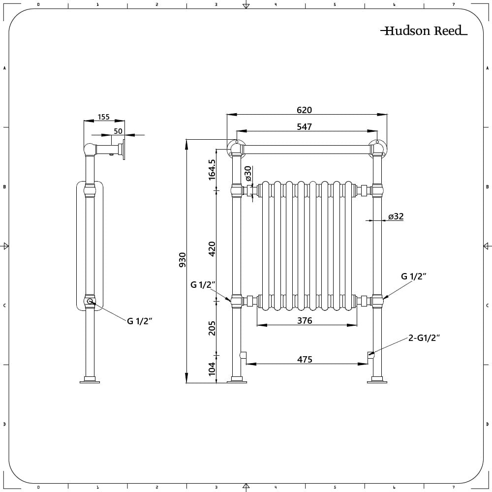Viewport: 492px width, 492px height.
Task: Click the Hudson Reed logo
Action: tap(423, 31)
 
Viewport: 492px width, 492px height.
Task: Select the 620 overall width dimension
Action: tap(305, 110)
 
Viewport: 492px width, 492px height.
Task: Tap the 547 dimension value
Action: tap(305, 127)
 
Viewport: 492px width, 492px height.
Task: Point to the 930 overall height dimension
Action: tap(182, 259)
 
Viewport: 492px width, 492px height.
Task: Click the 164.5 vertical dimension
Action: tap(212, 169)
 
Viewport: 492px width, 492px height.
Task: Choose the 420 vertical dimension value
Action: tap(212, 248)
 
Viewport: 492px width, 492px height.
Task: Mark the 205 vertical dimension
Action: tap(212, 328)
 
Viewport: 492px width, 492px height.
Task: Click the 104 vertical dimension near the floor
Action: tap(212, 369)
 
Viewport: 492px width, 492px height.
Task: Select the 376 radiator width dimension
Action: tap(305, 320)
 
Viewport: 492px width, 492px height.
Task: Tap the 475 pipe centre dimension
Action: tap(305, 360)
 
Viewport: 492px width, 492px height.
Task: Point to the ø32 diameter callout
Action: tap(396, 216)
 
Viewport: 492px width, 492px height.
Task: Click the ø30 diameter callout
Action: tap(248, 174)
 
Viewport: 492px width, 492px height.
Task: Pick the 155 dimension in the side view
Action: tap(103, 117)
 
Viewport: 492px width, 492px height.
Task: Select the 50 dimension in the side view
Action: tap(118, 131)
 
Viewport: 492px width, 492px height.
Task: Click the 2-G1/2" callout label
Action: tap(424, 338)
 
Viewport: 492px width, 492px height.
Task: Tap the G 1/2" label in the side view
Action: tap(140, 321)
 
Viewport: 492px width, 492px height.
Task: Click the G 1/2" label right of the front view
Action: tap(413, 277)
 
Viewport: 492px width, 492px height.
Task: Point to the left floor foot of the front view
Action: tap(237, 380)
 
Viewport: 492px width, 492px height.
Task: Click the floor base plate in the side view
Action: tap(90, 380)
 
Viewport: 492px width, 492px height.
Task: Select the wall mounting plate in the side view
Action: tap(123, 149)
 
